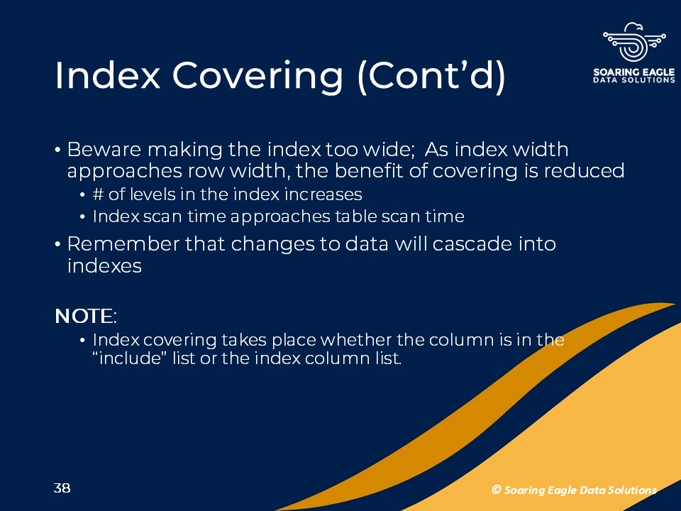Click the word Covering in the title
point(258,77)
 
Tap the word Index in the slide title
point(107,75)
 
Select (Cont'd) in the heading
point(431,77)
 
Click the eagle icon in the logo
point(634,42)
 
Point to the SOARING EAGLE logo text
point(634,72)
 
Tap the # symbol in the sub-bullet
point(98,194)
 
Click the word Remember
point(123,243)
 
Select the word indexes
point(104,265)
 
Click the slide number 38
point(62,488)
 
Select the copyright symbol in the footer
point(496,490)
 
